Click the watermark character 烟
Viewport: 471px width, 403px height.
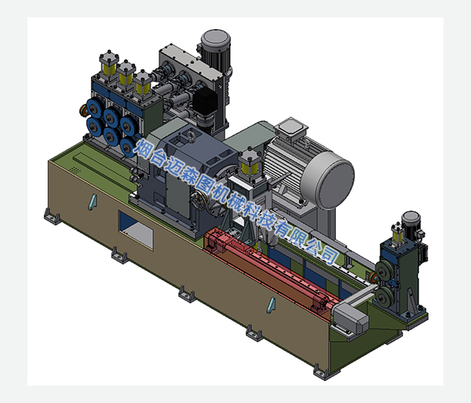(x=143, y=148)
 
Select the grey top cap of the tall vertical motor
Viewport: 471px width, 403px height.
(x=216, y=38)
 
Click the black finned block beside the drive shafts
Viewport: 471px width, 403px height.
(x=205, y=101)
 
